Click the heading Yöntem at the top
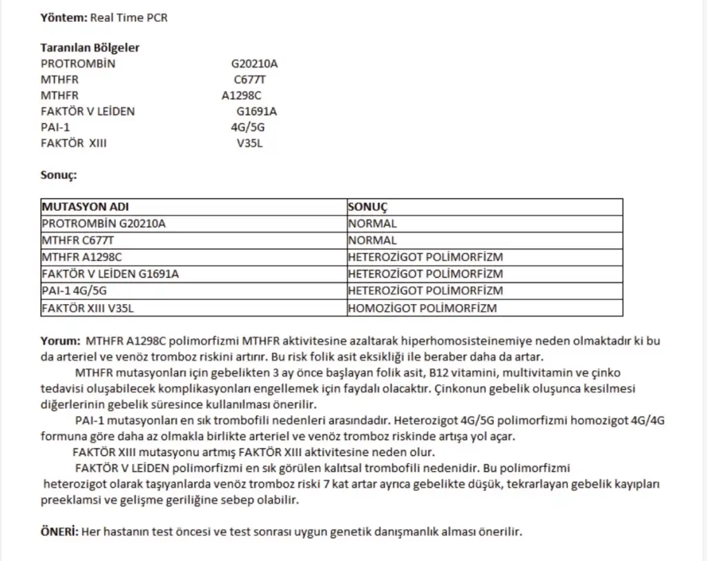point(64,17)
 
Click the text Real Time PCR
point(129,17)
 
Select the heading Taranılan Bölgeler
point(90,48)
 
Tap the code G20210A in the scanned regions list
point(254,64)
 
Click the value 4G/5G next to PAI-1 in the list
point(248,127)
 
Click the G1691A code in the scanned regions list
point(257,111)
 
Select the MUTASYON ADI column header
point(85,207)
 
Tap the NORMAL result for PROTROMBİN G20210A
point(372,224)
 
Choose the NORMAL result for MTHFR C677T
point(372,240)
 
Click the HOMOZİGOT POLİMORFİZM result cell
point(422,308)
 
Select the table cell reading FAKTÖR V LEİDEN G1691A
point(110,274)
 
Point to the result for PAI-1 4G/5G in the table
point(425,291)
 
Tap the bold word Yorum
point(61,341)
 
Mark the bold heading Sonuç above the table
point(59,175)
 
